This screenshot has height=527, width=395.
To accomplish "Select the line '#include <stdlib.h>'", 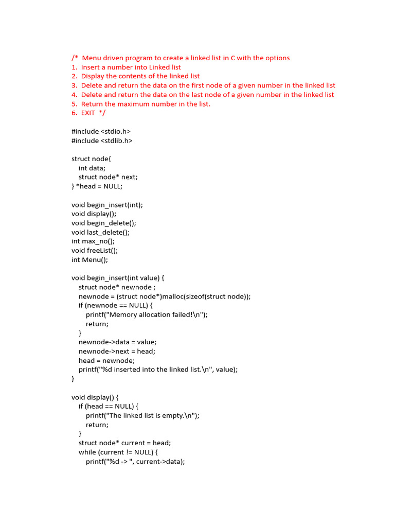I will (x=102, y=140).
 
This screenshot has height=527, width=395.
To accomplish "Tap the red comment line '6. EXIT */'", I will (x=88, y=113).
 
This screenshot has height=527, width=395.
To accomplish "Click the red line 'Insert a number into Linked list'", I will (x=131, y=67).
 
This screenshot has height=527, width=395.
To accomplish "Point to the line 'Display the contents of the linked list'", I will (x=140, y=76).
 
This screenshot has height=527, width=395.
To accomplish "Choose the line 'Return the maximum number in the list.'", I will (x=146, y=104).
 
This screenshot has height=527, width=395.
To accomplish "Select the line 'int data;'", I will (x=92, y=168).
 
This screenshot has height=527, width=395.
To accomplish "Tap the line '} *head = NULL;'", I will (x=97, y=186).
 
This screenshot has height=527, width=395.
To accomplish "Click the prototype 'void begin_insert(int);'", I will (x=107, y=205).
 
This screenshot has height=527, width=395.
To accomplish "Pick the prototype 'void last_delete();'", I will (x=100, y=232).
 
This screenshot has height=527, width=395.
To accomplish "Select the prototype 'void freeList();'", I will (x=95, y=251).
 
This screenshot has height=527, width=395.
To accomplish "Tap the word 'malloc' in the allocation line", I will (x=175, y=296).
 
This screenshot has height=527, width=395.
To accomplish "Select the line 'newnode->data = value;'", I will (x=118, y=342).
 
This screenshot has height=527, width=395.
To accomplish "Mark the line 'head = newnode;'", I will (x=106, y=361).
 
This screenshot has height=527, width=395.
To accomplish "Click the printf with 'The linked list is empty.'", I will (x=142, y=416).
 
